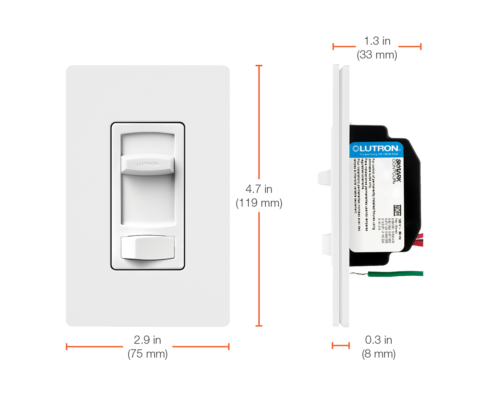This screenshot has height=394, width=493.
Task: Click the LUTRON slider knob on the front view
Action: coord(148,164)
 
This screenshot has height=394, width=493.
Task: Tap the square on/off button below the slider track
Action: coord(148,247)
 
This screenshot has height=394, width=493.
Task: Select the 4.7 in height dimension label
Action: coord(259,189)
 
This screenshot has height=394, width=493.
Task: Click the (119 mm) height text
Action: coord(259,203)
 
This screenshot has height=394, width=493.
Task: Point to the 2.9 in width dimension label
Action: coord(148,340)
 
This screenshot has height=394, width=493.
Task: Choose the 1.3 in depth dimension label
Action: coord(377,41)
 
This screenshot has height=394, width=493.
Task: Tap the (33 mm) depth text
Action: coord(377,55)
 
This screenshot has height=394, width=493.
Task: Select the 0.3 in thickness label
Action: coord(378,340)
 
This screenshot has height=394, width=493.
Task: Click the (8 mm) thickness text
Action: coord(378,354)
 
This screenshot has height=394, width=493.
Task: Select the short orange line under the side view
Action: coord(341,345)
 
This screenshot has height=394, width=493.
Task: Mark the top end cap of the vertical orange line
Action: coord(259,65)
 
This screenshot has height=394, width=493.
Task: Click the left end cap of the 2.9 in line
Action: coord(66,346)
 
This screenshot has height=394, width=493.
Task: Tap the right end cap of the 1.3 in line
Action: coord(421,47)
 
